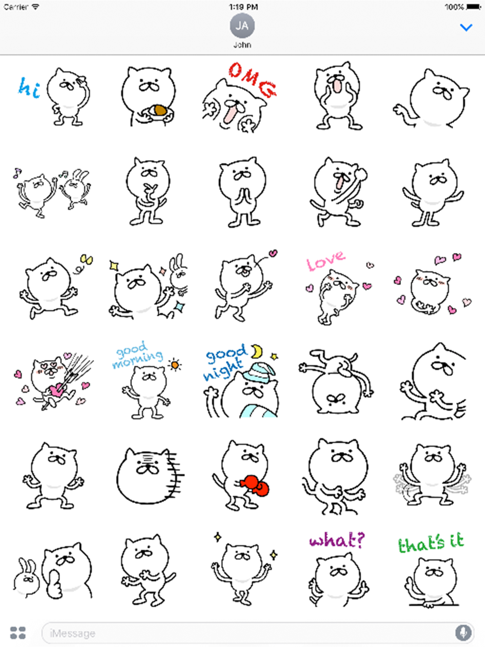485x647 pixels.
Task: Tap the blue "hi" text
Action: [29, 88]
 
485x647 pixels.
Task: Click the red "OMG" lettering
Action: [253, 80]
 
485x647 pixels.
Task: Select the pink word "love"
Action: [325, 261]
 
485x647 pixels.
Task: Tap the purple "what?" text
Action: [337, 540]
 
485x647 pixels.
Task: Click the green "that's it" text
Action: [431, 543]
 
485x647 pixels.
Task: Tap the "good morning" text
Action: [138, 355]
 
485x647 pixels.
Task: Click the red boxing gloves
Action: [255, 485]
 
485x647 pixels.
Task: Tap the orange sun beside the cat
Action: [175, 366]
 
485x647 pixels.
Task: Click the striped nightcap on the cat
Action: [259, 373]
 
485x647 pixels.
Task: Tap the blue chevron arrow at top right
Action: [466, 28]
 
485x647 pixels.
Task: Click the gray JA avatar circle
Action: [242, 26]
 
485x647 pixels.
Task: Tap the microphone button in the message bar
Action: [463, 632]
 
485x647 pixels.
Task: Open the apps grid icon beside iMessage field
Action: [18, 632]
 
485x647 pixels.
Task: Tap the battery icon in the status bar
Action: [474, 6]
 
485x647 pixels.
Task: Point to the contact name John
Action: [242, 45]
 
